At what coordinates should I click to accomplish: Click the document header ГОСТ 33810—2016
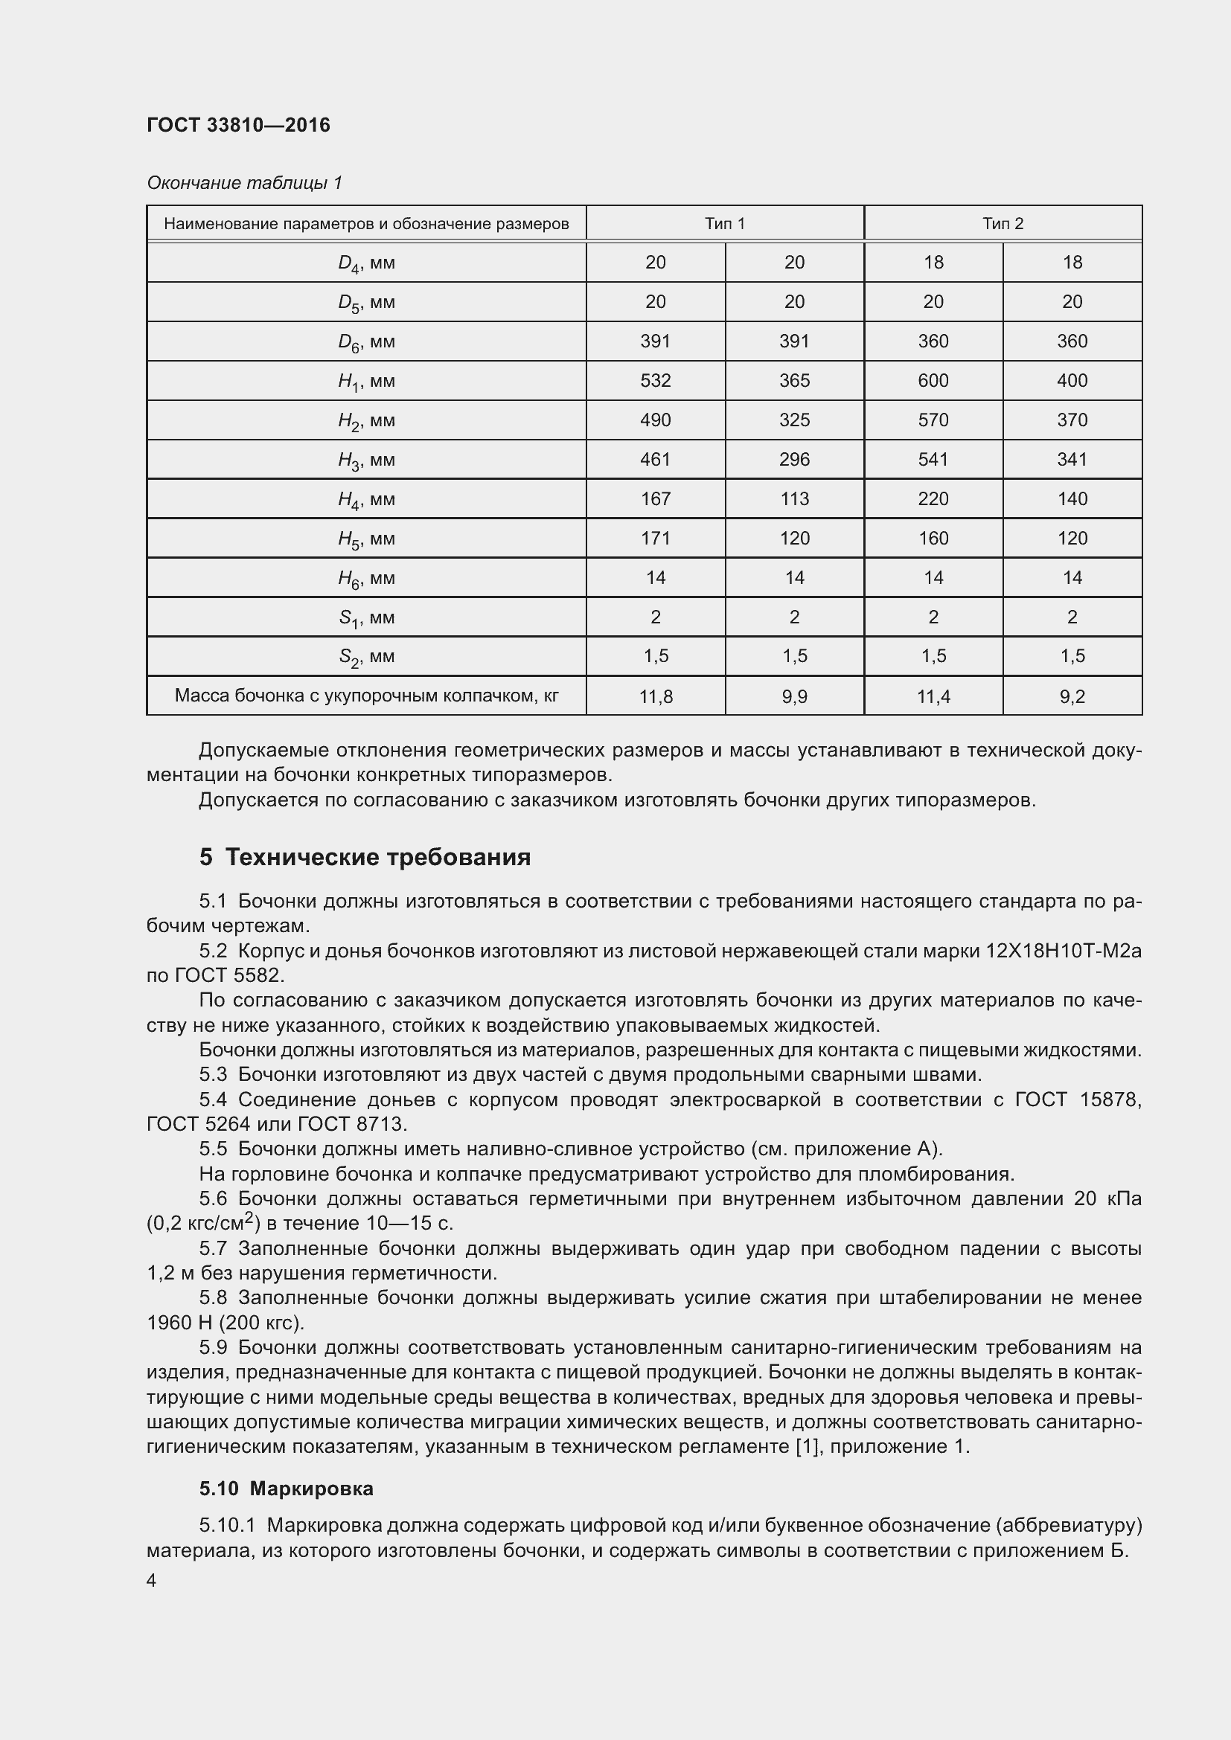coord(238,126)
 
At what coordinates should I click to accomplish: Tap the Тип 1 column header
coord(725,224)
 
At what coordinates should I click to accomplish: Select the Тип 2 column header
coord(1003,224)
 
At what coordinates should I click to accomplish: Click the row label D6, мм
coord(366,342)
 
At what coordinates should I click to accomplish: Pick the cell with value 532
coord(655,380)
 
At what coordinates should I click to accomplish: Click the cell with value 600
coord(933,380)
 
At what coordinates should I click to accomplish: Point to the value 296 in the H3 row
coord(793,459)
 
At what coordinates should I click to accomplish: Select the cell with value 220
coord(933,498)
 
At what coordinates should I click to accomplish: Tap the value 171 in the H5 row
coord(655,538)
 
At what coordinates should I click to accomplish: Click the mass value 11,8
coord(655,696)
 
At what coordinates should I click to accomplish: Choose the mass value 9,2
coord(1072,696)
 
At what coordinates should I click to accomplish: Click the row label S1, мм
coord(366,618)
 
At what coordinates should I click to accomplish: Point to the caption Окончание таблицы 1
coord(244,183)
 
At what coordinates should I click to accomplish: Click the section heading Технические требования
coord(377,857)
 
